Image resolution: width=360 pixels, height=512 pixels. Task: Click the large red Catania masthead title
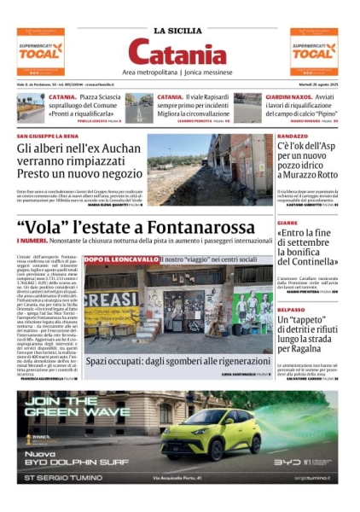pyautogui.click(x=179, y=55)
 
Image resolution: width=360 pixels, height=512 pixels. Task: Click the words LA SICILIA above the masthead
pyautogui.click(x=179, y=31)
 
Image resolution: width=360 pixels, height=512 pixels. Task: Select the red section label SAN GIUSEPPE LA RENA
pyautogui.click(x=49, y=137)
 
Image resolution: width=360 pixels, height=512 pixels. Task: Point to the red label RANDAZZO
pyautogui.click(x=293, y=137)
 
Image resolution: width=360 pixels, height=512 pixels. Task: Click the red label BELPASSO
pyautogui.click(x=292, y=310)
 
